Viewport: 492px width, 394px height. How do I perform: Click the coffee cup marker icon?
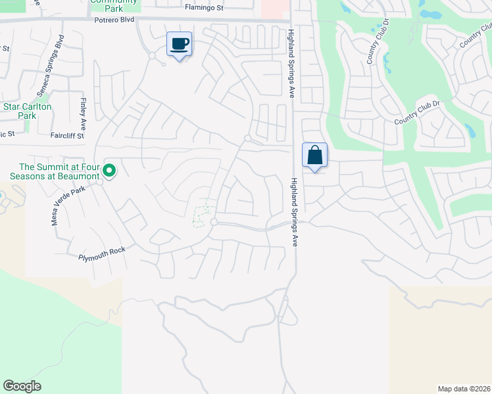[x=179, y=44]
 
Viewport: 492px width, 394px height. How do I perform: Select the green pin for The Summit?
[x=110, y=171]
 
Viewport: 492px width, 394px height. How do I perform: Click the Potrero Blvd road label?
[x=115, y=20]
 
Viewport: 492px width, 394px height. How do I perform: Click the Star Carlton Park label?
[x=27, y=110]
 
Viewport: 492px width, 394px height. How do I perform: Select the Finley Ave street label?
[x=84, y=114]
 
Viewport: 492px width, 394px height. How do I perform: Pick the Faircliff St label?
[x=67, y=136]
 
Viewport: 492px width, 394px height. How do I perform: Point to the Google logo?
[x=22, y=386]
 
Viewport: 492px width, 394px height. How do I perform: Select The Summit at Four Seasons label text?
[x=55, y=171]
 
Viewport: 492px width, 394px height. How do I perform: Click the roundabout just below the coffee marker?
[x=152, y=56]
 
